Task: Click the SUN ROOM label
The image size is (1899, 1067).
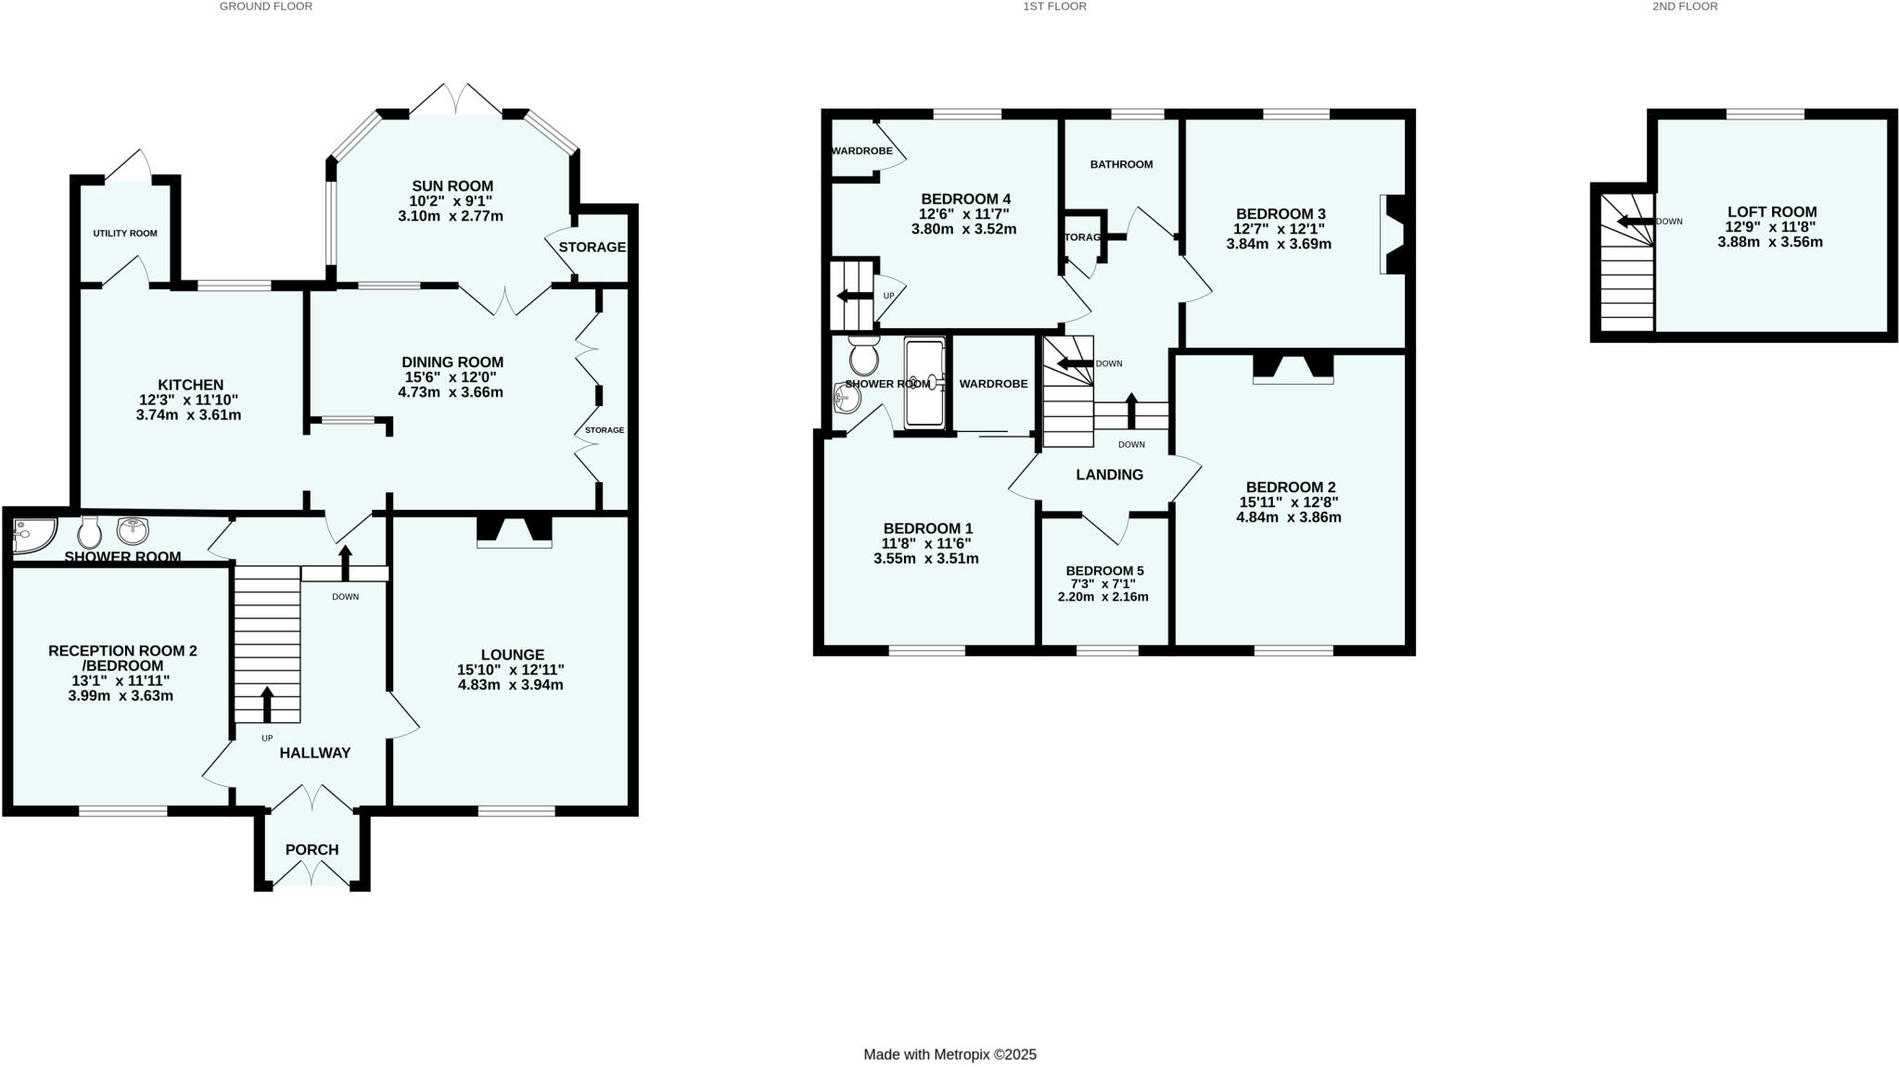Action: pos(452,185)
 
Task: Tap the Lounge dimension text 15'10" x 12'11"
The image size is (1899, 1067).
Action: pos(510,669)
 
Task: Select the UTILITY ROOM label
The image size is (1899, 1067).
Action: pos(125,234)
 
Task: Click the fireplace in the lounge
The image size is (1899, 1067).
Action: pos(514,531)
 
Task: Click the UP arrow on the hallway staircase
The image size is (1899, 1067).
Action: pos(267,704)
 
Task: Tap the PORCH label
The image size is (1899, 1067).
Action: pos(312,849)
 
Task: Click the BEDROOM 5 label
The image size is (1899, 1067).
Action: pos(1103,570)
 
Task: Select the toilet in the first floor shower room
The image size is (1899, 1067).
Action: pos(864,354)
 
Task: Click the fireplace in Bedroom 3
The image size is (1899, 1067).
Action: pos(1393,234)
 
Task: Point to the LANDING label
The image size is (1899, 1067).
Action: pos(1109,475)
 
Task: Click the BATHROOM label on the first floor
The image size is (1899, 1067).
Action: pos(1121,164)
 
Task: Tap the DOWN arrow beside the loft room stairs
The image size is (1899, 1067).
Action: pos(1635,221)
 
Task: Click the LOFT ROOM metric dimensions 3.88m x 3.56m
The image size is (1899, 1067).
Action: pos(1770,242)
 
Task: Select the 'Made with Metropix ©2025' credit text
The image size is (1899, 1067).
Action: pos(949,1054)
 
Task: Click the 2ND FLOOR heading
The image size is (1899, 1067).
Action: pos(1685,6)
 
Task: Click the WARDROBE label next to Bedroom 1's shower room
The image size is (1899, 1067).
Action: pos(993,384)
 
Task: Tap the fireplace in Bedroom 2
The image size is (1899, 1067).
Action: pos(1293,368)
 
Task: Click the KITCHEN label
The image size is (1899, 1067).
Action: pos(190,385)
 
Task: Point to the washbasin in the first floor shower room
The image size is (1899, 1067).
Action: pos(847,400)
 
